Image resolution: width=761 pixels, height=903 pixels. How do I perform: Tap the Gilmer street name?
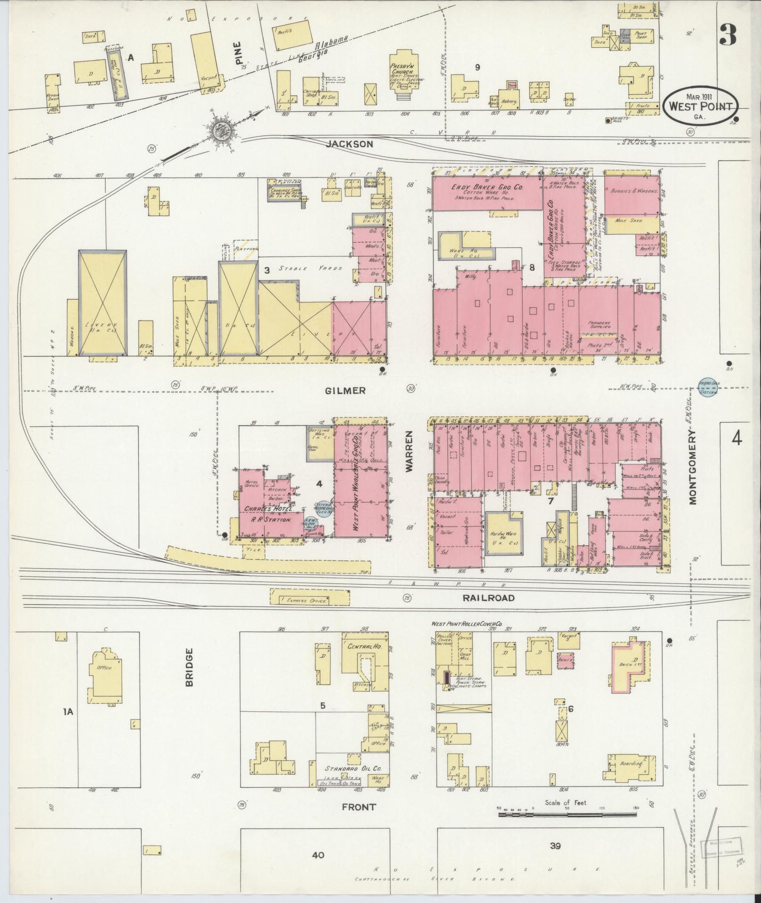pos(345,390)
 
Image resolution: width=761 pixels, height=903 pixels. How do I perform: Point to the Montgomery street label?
pos(693,467)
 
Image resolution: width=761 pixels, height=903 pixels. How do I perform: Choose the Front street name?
pos(359,807)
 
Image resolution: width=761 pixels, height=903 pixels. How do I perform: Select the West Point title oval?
pos(701,105)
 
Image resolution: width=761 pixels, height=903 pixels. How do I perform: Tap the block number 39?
pos(555,846)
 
